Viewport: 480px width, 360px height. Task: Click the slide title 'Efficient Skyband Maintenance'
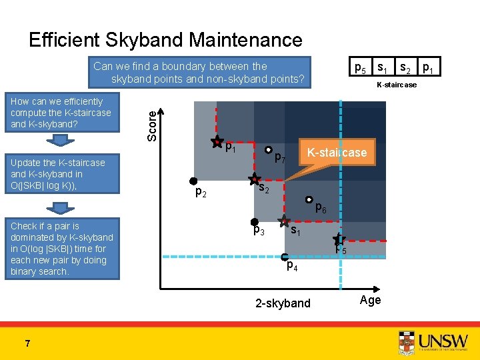pyautogui.click(x=165, y=40)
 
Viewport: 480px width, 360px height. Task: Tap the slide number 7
pyautogui.click(x=27, y=343)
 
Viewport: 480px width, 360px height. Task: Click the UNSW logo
pyautogui.click(x=433, y=340)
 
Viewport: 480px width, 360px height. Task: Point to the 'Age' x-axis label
pyautogui.click(x=370, y=300)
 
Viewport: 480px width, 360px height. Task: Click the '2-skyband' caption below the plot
pyautogui.click(x=283, y=303)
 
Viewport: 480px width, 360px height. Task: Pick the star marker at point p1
pyautogui.click(x=217, y=141)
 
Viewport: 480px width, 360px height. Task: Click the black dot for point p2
pyautogui.click(x=193, y=181)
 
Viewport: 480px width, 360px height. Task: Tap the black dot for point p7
pyautogui.click(x=266, y=150)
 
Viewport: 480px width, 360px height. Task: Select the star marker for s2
pyautogui.click(x=254, y=179)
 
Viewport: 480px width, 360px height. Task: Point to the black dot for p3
pyautogui.click(x=254, y=221)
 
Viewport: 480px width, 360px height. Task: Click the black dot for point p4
pyautogui.click(x=284, y=257)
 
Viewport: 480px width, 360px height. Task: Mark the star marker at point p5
pyautogui.click(x=339, y=239)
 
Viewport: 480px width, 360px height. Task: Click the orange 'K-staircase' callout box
pyautogui.click(x=337, y=153)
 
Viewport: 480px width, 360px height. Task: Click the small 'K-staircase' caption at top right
pyautogui.click(x=396, y=85)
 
